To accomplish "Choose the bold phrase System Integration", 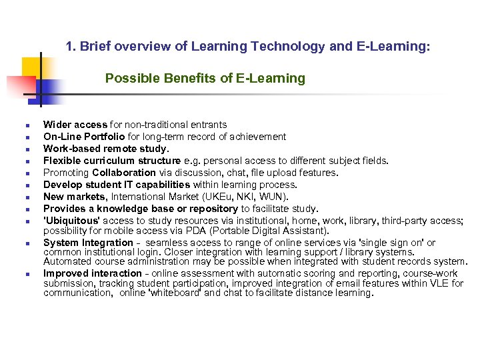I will click(x=88, y=243).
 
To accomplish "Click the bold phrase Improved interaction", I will click(x=91, y=273).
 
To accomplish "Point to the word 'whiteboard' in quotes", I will click(x=173, y=293).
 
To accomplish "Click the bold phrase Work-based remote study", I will click(x=106, y=149).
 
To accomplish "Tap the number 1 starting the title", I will click(x=69, y=47).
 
